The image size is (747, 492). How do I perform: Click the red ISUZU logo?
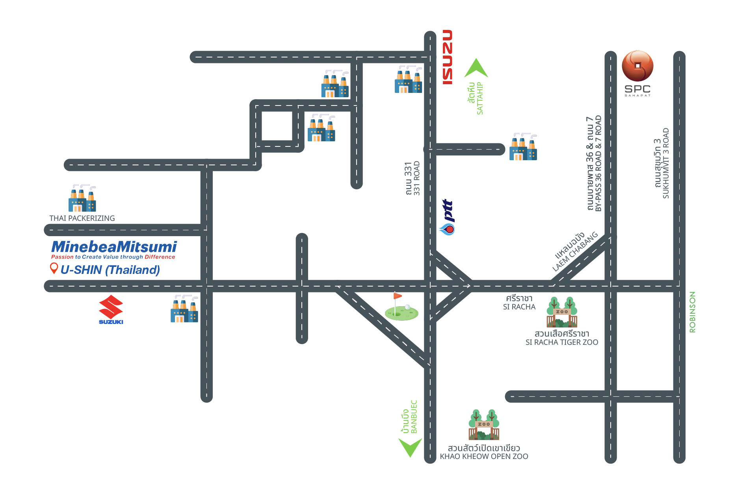(447, 57)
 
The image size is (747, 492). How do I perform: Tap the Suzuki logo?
(111, 310)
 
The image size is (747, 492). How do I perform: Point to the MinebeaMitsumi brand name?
(114, 247)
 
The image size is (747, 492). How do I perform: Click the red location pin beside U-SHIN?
(54, 268)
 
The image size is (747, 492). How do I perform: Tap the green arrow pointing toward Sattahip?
(476, 68)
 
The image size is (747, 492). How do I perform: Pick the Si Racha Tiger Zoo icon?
(562, 312)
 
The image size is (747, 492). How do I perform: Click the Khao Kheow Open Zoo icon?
(484, 425)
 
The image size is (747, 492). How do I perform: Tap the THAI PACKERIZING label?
(82, 218)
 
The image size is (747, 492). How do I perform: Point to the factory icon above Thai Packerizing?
(82, 198)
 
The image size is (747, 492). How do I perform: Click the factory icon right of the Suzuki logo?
(184, 309)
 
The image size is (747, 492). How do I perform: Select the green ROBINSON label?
(692, 312)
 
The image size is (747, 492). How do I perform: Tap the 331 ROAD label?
(416, 178)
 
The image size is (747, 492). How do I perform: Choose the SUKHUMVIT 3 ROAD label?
(666, 163)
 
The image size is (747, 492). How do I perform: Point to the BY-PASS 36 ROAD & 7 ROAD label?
(598, 163)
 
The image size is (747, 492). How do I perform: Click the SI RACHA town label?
(519, 307)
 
